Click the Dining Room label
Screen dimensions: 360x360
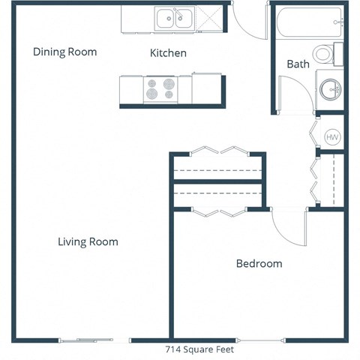pos(65,52)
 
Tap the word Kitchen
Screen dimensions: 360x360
pos(168,53)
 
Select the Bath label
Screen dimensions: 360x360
pos(298,64)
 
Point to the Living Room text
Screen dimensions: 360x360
pos(88,241)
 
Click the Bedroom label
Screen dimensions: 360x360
pos(259,263)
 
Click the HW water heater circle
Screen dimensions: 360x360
pos(332,137)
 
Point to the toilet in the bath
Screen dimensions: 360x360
pos(325,54)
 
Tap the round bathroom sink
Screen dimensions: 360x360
pos(329,88)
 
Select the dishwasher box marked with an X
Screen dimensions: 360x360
pos(211,18)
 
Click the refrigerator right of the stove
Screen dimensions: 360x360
pos(207,89)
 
